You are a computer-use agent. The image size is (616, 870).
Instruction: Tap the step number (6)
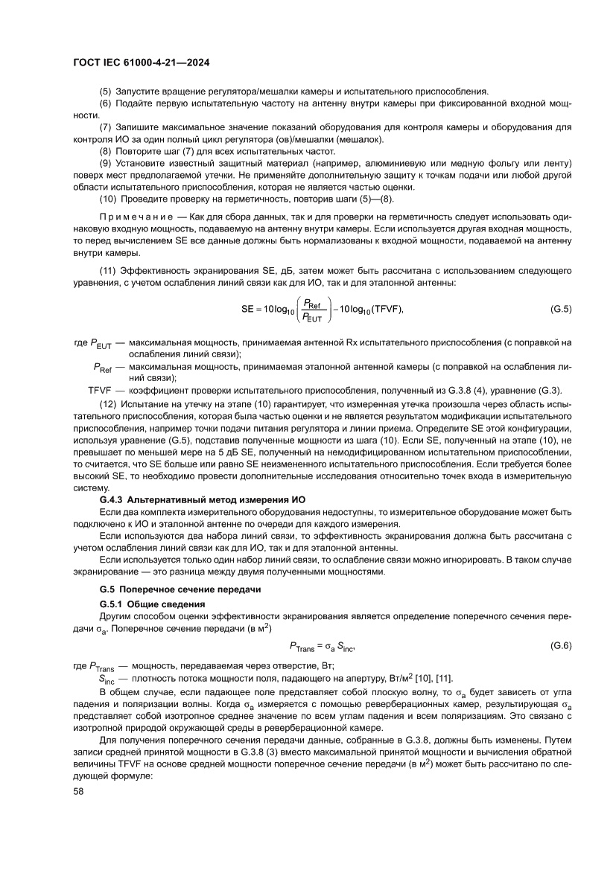pyautogui.click(x=107, y=104)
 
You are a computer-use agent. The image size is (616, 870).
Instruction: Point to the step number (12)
pyautogui.click(x=109, y=403)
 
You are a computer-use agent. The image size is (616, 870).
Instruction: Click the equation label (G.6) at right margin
pyautogui.click(x=560, y=646)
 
